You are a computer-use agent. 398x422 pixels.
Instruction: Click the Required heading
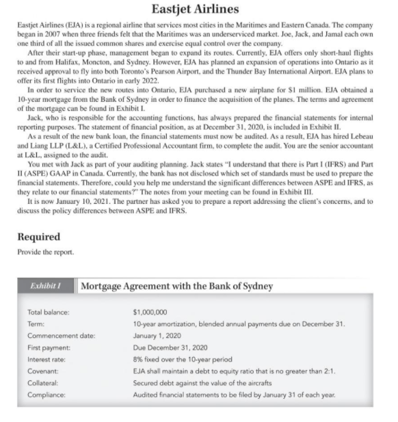click(39, 237)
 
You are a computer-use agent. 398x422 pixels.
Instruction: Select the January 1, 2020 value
click(157, 334)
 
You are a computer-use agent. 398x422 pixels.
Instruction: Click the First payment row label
click(48, 347)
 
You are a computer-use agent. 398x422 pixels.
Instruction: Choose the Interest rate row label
click(47, 358)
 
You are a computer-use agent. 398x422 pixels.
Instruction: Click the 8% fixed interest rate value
click(183, 358)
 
